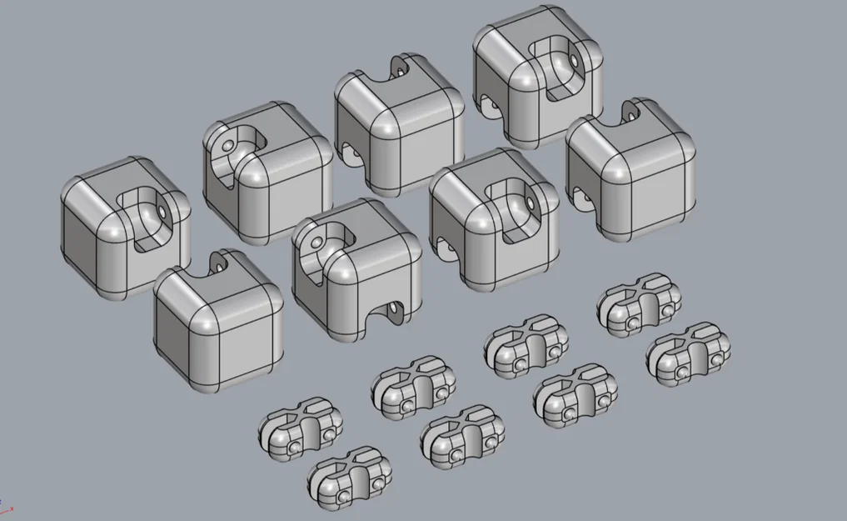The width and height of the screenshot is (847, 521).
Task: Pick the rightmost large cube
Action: tap(630, 172)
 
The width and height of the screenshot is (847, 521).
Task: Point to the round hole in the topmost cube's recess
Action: tap(574, 60)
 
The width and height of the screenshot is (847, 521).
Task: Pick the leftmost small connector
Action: tap(301, 425)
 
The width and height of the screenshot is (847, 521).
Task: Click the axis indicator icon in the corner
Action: tap(7, 508)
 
